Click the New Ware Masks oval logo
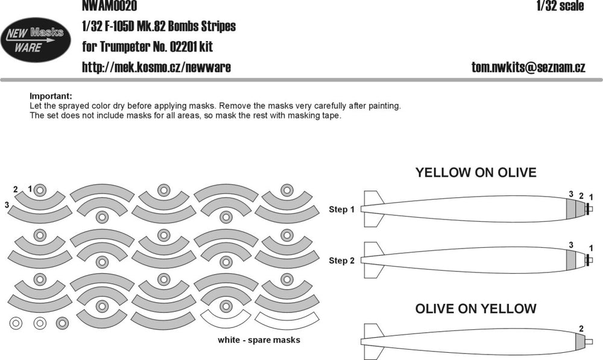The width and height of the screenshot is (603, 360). pos(36,40)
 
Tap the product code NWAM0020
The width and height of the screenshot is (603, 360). pos(110,6)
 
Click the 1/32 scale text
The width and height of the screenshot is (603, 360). pos(560,6)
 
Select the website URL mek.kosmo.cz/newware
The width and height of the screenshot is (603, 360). pos(157,68)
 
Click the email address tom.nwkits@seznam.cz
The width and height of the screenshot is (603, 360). pos(528,68)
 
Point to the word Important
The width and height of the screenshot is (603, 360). pos(51,96)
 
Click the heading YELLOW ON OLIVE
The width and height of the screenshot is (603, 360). pos(476,172)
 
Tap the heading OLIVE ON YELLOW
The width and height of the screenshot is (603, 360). pos(476,309)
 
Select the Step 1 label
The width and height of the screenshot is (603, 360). pos(341,210)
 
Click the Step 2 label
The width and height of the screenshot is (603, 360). pos(341,261)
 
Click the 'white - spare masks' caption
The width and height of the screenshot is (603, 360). pos(259,340)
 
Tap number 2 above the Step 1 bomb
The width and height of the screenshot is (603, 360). pos(581,196)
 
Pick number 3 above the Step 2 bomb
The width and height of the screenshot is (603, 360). pos(571,245)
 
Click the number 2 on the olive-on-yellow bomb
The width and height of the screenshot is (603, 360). pos(581,329)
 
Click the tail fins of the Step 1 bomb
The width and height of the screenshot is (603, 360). pos(373,209)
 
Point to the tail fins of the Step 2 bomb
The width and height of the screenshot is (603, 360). pos(373,260)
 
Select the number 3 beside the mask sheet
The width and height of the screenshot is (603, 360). pos(7,205)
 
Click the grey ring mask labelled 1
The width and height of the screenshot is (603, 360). pos(40,190)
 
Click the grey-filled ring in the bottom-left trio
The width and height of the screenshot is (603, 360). pos(62,323)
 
